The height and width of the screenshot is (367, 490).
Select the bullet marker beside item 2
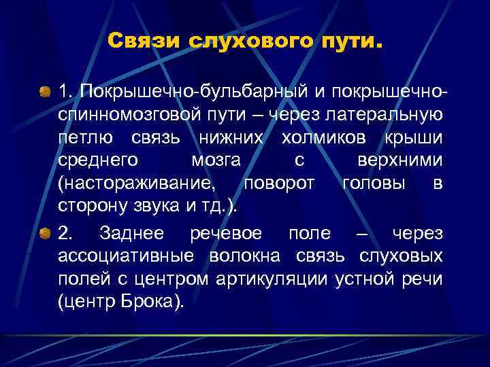(x=44, y=234)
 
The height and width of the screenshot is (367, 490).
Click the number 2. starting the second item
(x=66, y=234)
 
